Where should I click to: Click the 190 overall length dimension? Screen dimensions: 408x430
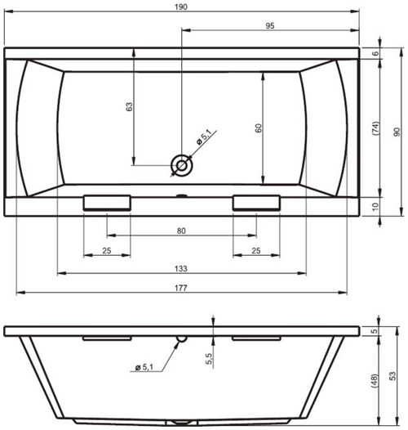point(181,7)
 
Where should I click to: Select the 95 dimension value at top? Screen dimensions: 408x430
point(270,26)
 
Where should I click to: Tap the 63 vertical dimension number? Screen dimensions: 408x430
point(129,106)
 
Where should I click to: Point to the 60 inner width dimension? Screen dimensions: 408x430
point(258,128)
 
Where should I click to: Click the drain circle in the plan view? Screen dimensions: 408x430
point(181,166)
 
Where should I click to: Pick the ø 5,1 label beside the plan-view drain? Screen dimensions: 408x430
point(204,137)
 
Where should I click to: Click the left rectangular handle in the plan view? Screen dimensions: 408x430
point(107,203)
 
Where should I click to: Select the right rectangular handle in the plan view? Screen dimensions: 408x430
point(256,203)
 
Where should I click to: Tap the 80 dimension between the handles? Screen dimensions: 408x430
point(181,231)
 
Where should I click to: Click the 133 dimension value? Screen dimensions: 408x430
point(181,268)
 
